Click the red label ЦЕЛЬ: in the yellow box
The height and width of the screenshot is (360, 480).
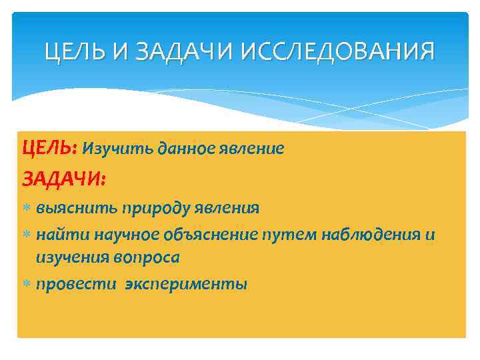(51, 149)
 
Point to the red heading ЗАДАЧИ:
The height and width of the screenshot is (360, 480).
(64, 179)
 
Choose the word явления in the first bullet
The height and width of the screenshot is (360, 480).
(228, 208)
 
